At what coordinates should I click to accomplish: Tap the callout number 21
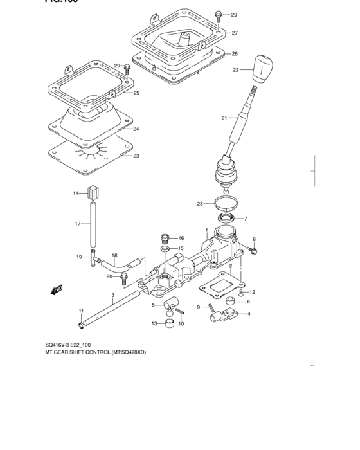224,118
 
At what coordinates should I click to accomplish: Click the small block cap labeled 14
94,192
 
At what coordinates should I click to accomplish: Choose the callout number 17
77,224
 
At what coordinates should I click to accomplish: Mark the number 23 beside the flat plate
136,156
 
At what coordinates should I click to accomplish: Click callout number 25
136,93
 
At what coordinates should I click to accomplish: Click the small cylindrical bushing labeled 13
168,323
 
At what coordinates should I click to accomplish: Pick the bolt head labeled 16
165,238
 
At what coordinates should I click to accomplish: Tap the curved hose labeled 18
119,265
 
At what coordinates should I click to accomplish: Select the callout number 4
249,314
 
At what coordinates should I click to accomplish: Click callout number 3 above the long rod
113,296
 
